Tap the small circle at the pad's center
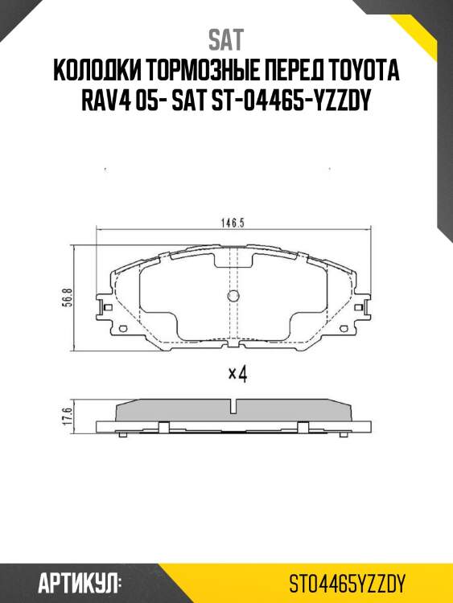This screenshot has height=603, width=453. (233, 295)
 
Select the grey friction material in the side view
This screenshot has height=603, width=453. (233, 410)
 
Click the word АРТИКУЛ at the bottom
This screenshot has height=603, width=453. (79, 581)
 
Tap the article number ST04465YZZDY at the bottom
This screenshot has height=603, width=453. (349, 581)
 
